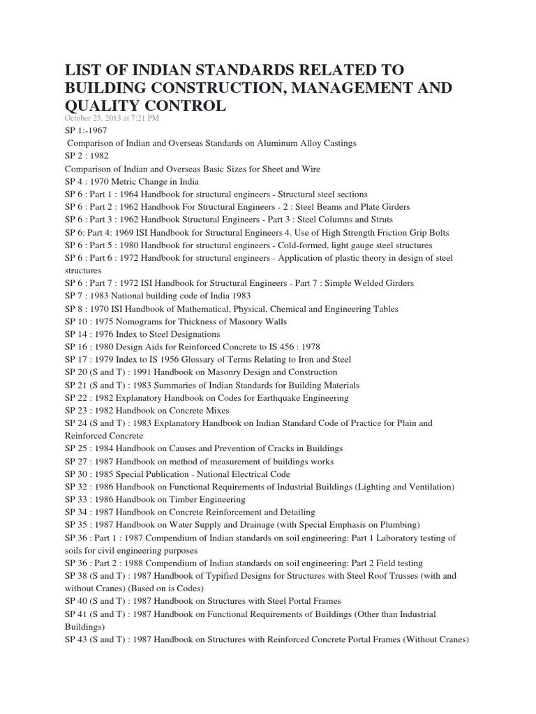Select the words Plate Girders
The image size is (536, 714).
pyautogui.click(x=384, y=207)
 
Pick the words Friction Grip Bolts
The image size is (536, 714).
pyautogui.click(x=408, y=232)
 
